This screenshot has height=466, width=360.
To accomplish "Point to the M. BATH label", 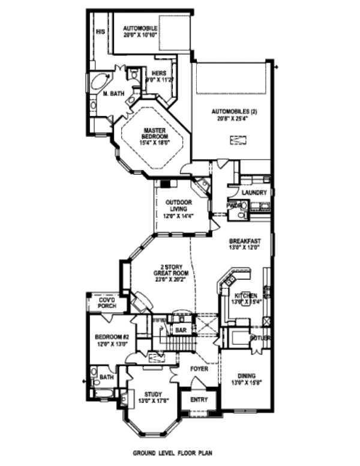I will [x=113, y=94].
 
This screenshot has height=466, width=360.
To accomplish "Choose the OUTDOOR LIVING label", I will [x=178, y=205].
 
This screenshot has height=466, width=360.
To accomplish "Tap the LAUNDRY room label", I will [x=253, y=192].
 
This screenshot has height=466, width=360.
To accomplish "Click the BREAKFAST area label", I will [x=245, y=241].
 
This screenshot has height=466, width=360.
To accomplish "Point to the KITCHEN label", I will [x=246, y=295].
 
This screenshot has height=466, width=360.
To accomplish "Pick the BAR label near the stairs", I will [x=181, y=330].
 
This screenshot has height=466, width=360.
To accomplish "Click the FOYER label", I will [x=199, y=369].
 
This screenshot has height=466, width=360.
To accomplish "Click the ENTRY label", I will [x=199, y=399].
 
